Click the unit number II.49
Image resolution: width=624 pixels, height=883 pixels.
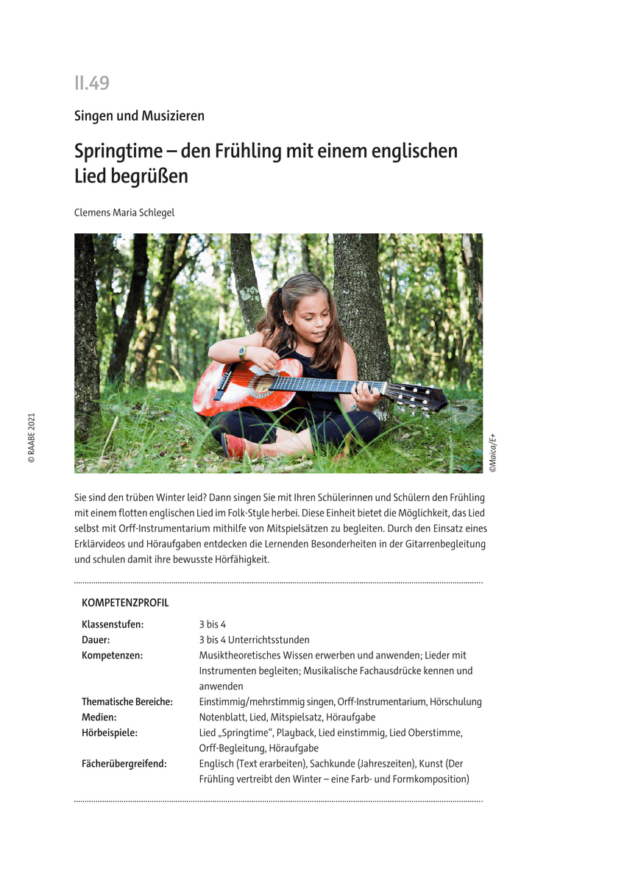click(92, 83)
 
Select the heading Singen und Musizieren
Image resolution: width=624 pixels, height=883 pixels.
click(139, 116)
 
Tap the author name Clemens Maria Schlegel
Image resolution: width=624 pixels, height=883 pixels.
click(124, 213)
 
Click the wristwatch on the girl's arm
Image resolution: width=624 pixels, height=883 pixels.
click(242, 352)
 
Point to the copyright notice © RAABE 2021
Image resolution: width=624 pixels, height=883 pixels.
click(32, 437)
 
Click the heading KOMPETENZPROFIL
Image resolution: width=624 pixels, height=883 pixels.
click(125, 603)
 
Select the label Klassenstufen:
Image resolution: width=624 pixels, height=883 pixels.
click(113, 624)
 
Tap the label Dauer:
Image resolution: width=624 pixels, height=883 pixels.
click(96, 639)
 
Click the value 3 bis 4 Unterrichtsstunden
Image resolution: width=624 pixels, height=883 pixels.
click(254, 639)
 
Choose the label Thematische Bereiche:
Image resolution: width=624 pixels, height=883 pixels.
click(127, 702)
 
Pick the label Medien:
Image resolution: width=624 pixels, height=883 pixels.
click(99, 717)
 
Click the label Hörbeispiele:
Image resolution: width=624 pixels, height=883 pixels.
click(110, 733)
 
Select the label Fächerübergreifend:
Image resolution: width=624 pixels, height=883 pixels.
click(124, 764)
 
